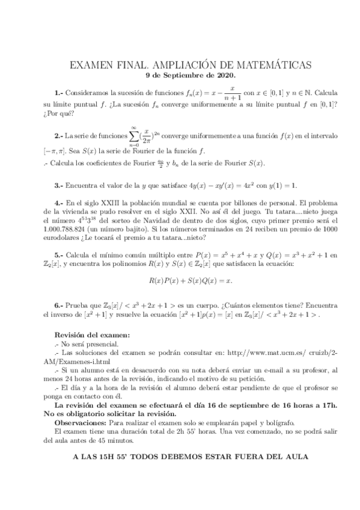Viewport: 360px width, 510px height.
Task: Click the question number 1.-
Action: click(x=58, y=94)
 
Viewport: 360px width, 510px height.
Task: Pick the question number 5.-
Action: click(x=58, y=256)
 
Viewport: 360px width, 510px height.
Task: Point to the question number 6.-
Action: click(x=58, y=307)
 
